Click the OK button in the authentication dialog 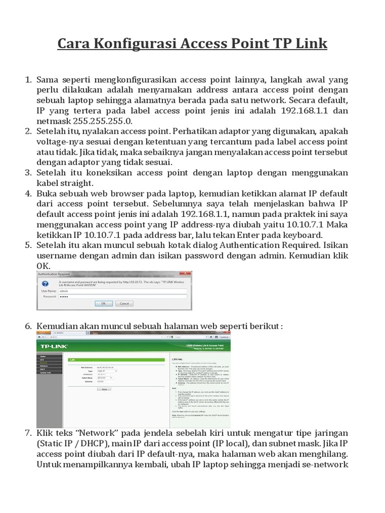point(104,304)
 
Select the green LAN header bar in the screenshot point(116,359)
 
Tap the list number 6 point(29,326)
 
